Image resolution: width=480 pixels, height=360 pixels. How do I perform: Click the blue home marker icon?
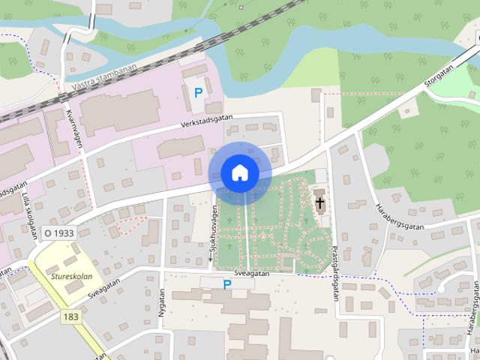pos(239,172)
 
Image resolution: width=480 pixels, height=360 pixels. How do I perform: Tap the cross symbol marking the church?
pos(320,202)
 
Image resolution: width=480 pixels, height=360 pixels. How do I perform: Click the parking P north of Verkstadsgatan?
pos(198,93)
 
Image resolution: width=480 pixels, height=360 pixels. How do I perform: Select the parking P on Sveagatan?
pos(227,283)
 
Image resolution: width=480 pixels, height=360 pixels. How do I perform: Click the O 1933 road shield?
pos(58,233)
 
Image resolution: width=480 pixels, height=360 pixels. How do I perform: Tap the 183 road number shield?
pos(71,317)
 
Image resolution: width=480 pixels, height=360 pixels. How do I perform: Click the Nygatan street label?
pos(160,308)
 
